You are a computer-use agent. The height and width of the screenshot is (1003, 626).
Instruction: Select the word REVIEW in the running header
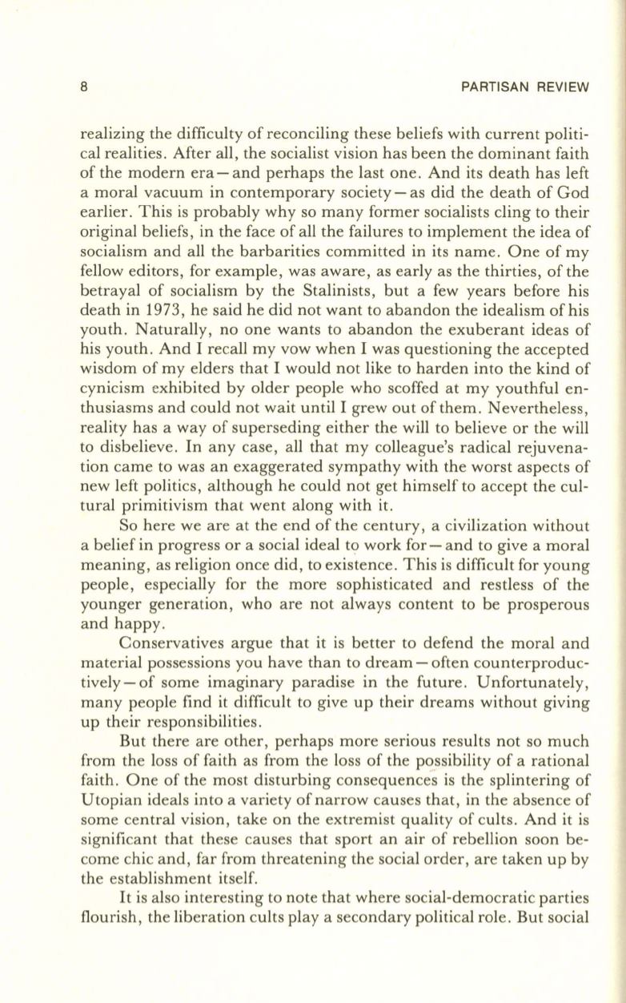pos(561,86)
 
